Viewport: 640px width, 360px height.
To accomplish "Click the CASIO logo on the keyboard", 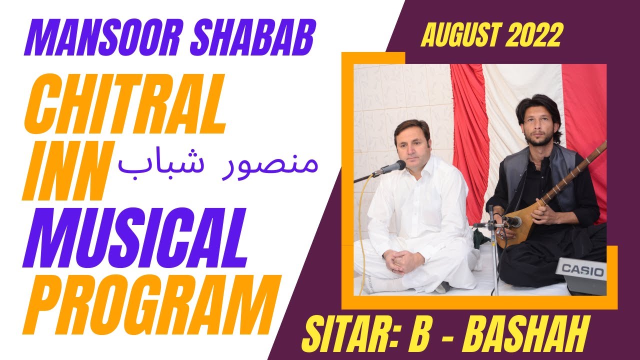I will coord(582,270).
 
